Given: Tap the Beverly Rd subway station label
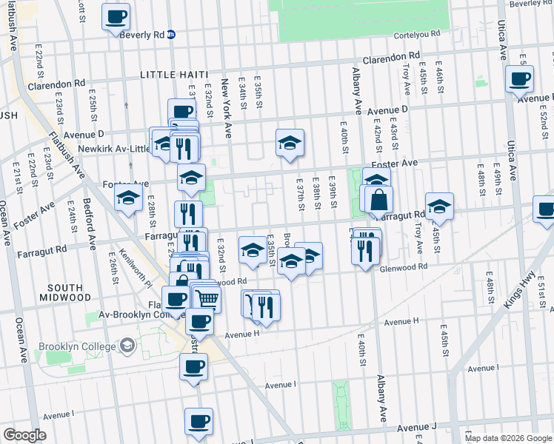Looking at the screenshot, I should pyautogui.click(x=141, y=34).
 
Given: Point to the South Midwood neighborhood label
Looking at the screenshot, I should pyautogui.click(x=68, y=292).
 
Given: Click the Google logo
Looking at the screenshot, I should pyautogui.click(x=24, y=435).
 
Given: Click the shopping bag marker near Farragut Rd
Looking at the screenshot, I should pyautogui.click(x=378, y=200).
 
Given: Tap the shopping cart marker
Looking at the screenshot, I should pyautogui.click(x=208, y=297).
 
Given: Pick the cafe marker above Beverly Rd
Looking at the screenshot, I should pyautogui.click(x=116, y=17).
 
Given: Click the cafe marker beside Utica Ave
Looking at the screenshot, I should pyautogui.click(x=519, y=78).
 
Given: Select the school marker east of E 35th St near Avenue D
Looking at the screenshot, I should pyautogui.click(x=290, y=143).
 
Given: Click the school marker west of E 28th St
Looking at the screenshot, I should pyautogui.click(x=128, y=198).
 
